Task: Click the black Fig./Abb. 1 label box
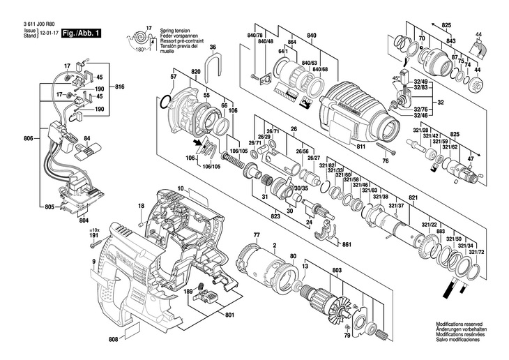point(82,33)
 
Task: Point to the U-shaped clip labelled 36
point(213,65)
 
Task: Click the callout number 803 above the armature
point(337,269)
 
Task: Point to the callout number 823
point(259,216)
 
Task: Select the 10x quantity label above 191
point(95,230)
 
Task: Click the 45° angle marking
point(397,79)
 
